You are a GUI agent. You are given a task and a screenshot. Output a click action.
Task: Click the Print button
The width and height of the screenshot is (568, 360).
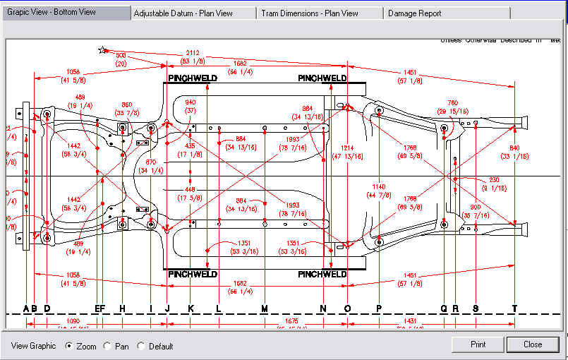point(478,344)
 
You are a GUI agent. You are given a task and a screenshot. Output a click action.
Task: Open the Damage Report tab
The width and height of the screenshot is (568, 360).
point(420,13)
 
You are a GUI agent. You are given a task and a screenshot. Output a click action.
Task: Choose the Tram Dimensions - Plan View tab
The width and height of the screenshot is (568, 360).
point(309,13)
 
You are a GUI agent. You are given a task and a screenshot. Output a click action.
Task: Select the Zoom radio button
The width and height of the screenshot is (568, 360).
point(69,346)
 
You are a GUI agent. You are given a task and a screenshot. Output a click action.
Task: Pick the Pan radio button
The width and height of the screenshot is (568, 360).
point(107,346)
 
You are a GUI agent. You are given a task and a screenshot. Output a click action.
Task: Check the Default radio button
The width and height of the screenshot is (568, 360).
point(141,346)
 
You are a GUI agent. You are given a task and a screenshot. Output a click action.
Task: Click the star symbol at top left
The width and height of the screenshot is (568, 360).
point(103,50)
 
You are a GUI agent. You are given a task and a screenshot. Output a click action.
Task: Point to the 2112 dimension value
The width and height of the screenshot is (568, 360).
point(193,53)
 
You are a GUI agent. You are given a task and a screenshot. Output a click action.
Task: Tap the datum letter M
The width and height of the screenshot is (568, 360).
point(265,308)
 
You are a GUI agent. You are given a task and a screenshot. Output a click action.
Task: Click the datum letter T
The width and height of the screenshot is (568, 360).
point(515,308)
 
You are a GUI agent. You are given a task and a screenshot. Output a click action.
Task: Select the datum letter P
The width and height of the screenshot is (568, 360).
point(379,308)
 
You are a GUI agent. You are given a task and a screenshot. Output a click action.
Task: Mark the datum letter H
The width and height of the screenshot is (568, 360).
point(122,308)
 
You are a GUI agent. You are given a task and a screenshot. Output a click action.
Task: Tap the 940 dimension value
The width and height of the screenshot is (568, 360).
point(191,102)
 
